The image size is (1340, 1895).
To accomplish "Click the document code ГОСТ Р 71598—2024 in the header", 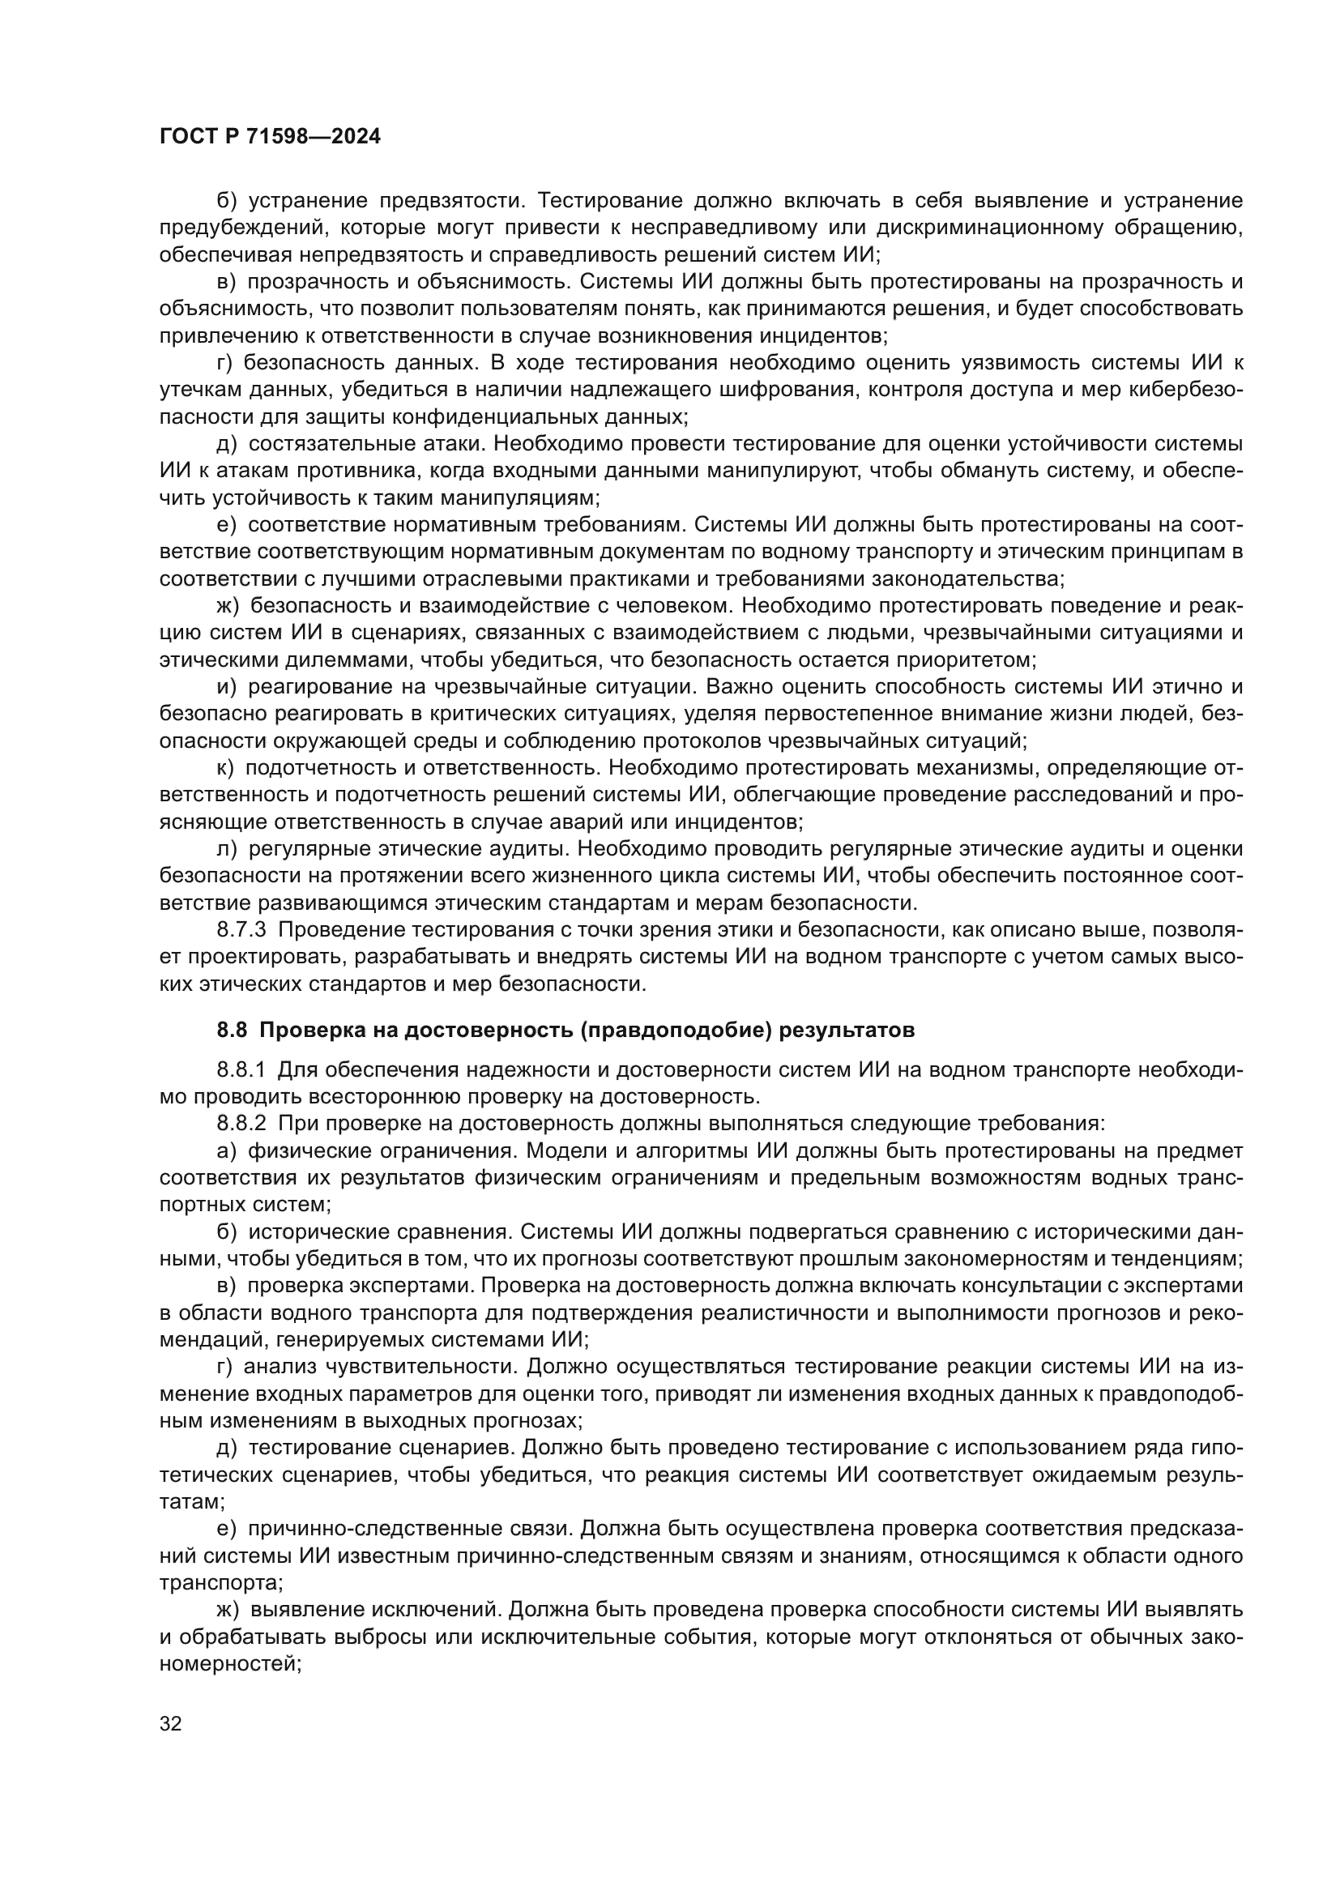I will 270,137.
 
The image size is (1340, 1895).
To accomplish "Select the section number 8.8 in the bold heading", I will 233,1030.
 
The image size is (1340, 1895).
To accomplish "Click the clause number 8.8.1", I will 241,1069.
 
